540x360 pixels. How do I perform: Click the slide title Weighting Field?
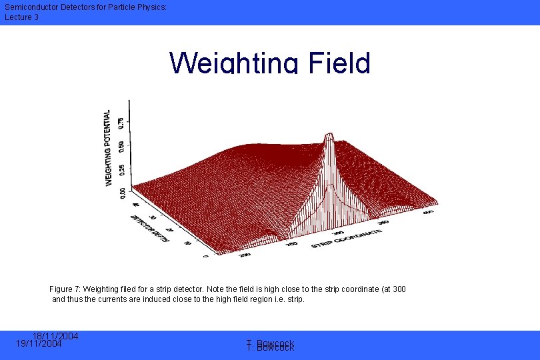(x=270, y=63)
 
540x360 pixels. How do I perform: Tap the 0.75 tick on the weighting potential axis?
(x=120, y=123)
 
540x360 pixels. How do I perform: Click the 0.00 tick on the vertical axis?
(x=120, y=191)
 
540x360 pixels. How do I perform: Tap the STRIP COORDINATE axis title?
(x=347, y=238)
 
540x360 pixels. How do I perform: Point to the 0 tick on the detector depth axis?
(x=205, y=255)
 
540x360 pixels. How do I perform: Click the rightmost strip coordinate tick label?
(x=428, y=213)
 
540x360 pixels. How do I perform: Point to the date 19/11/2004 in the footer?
(x=39, y=344)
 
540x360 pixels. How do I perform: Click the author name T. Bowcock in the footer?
(x=270, y=345)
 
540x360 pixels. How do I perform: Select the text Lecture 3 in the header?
(x=21, y=17)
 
